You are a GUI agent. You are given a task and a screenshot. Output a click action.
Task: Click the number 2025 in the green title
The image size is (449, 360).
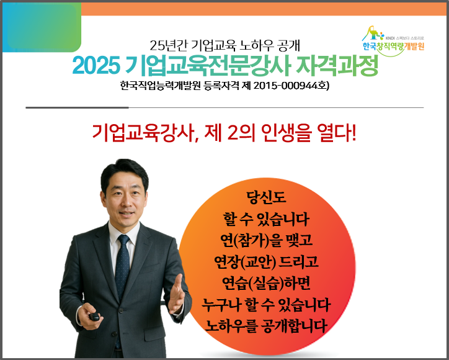(x=96, y=65)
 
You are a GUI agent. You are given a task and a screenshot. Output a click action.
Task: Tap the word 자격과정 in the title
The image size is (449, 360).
(x=337, y=65)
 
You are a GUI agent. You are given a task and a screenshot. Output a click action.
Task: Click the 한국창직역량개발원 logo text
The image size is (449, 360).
(x=393, y=46)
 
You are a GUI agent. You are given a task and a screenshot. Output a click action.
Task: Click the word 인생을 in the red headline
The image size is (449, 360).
(x=286, y=133)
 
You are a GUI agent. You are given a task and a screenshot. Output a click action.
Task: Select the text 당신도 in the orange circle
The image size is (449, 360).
(x=266, y=197)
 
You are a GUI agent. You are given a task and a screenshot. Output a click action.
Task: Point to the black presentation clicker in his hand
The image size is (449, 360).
(x=94, y=317)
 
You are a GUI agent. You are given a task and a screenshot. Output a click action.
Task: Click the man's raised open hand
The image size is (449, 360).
(x=176, y=295)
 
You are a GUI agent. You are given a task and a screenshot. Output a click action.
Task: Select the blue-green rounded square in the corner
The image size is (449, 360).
(x=42, y=27)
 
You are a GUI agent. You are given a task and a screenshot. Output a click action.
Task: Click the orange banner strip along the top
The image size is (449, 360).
(x=264, y=9)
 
